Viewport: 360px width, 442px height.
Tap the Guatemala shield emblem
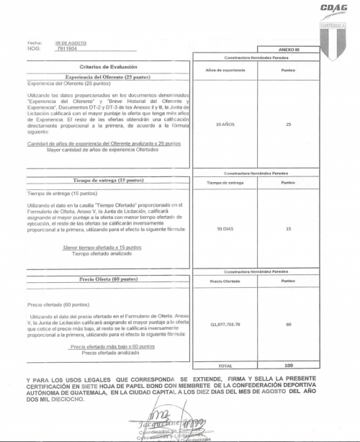pos(332,37)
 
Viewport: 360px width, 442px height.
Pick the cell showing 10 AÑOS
pos(228,125)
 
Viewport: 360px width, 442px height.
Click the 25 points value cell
pos(288,125)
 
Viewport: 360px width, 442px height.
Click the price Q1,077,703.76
pos(228,325)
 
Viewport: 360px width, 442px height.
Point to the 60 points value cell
pos(288,325)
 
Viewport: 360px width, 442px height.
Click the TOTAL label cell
pos(226,366)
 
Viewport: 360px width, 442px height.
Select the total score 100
pos(288,366)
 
